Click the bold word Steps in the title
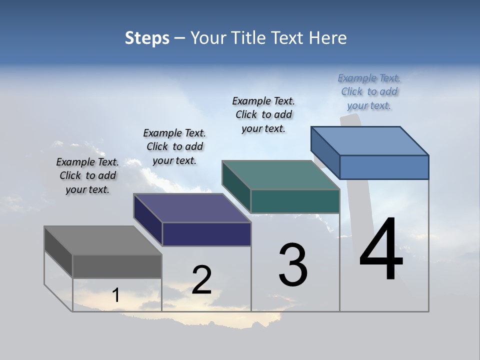(147, 38)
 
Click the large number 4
(381, 250)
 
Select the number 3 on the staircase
(293, 265)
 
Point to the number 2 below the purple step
(202, 280)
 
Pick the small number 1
(116, 295)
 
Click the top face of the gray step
(102, 240)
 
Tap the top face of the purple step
(192, 208)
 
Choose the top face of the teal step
(281, 175)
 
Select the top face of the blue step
(370, 141)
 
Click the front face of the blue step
(384, 167)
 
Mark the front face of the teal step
(295, 201)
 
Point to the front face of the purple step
(206, 234)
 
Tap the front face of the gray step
(117, 266)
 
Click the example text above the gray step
(87, 176)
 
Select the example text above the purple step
(174, 147)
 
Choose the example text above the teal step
(263, 114)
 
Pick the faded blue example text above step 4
(369, 92)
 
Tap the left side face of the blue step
(325, 152)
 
